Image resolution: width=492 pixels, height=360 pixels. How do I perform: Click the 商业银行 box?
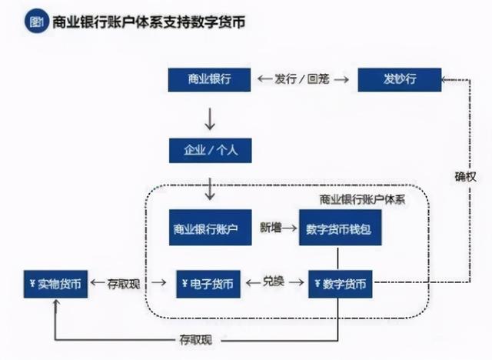209,80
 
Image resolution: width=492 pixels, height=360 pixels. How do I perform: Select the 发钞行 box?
400,80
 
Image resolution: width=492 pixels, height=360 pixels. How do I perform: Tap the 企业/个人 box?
210,150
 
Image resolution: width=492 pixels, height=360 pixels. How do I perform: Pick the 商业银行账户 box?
210,227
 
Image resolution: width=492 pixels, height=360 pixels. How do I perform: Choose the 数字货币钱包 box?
340,227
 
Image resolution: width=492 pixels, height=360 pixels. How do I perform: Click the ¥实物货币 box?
55,284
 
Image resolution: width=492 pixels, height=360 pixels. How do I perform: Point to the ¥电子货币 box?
208,284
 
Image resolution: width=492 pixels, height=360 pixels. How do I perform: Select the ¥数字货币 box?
340,284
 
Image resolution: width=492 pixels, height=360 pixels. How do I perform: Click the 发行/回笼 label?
302,79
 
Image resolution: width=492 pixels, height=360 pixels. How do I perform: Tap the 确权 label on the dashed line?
466,177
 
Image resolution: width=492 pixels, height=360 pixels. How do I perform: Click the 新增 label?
271,228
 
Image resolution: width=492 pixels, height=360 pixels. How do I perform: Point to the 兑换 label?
274,282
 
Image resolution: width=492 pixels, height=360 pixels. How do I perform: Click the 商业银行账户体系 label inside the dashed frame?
362,200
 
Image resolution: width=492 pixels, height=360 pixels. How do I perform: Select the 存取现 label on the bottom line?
196,339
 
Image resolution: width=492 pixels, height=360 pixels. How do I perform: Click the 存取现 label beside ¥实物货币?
124,284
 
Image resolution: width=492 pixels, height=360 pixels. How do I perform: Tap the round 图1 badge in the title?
37,22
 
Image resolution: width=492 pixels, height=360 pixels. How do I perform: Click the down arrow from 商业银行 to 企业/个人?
210,119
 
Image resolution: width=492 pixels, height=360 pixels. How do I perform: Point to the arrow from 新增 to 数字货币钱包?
289,228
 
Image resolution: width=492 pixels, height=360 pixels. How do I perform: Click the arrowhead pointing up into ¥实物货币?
56,303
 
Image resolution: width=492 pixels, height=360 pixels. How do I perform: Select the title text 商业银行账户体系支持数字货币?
148,22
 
